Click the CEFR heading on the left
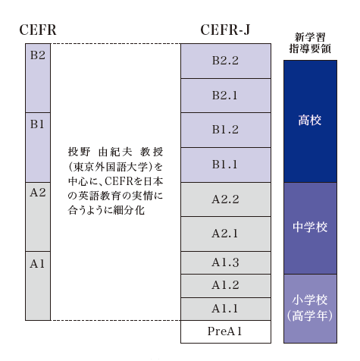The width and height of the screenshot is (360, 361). click(38, 30)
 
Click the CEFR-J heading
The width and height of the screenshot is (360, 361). click(225, 30)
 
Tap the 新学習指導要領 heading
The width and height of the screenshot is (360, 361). click(310, 43)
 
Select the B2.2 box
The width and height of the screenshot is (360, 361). click(226, 61)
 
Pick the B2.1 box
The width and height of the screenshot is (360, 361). click(226, 96)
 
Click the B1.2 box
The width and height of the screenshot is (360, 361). click(226, 130)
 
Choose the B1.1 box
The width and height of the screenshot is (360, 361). click(226, 165)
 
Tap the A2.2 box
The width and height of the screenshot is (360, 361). click(226, 199)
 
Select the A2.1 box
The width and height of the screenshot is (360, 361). click(226, 234)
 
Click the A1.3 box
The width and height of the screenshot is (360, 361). click(226, 262)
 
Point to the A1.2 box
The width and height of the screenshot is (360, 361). click(226, 286)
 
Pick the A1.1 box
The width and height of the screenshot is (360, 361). click(226, 309)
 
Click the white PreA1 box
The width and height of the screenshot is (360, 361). click(226, 331)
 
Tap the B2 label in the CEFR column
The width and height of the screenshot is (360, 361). click(38, 55)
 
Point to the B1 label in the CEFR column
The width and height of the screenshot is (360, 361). click(37, 124)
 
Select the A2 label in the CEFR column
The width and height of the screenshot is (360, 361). click(38, 193)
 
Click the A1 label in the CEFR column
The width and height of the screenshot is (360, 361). click(37, 264)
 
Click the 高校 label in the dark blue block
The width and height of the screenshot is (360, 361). click(310, 121)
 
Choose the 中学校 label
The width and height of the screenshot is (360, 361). click(310, 227)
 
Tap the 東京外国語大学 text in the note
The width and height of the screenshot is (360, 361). click(111, 167)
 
